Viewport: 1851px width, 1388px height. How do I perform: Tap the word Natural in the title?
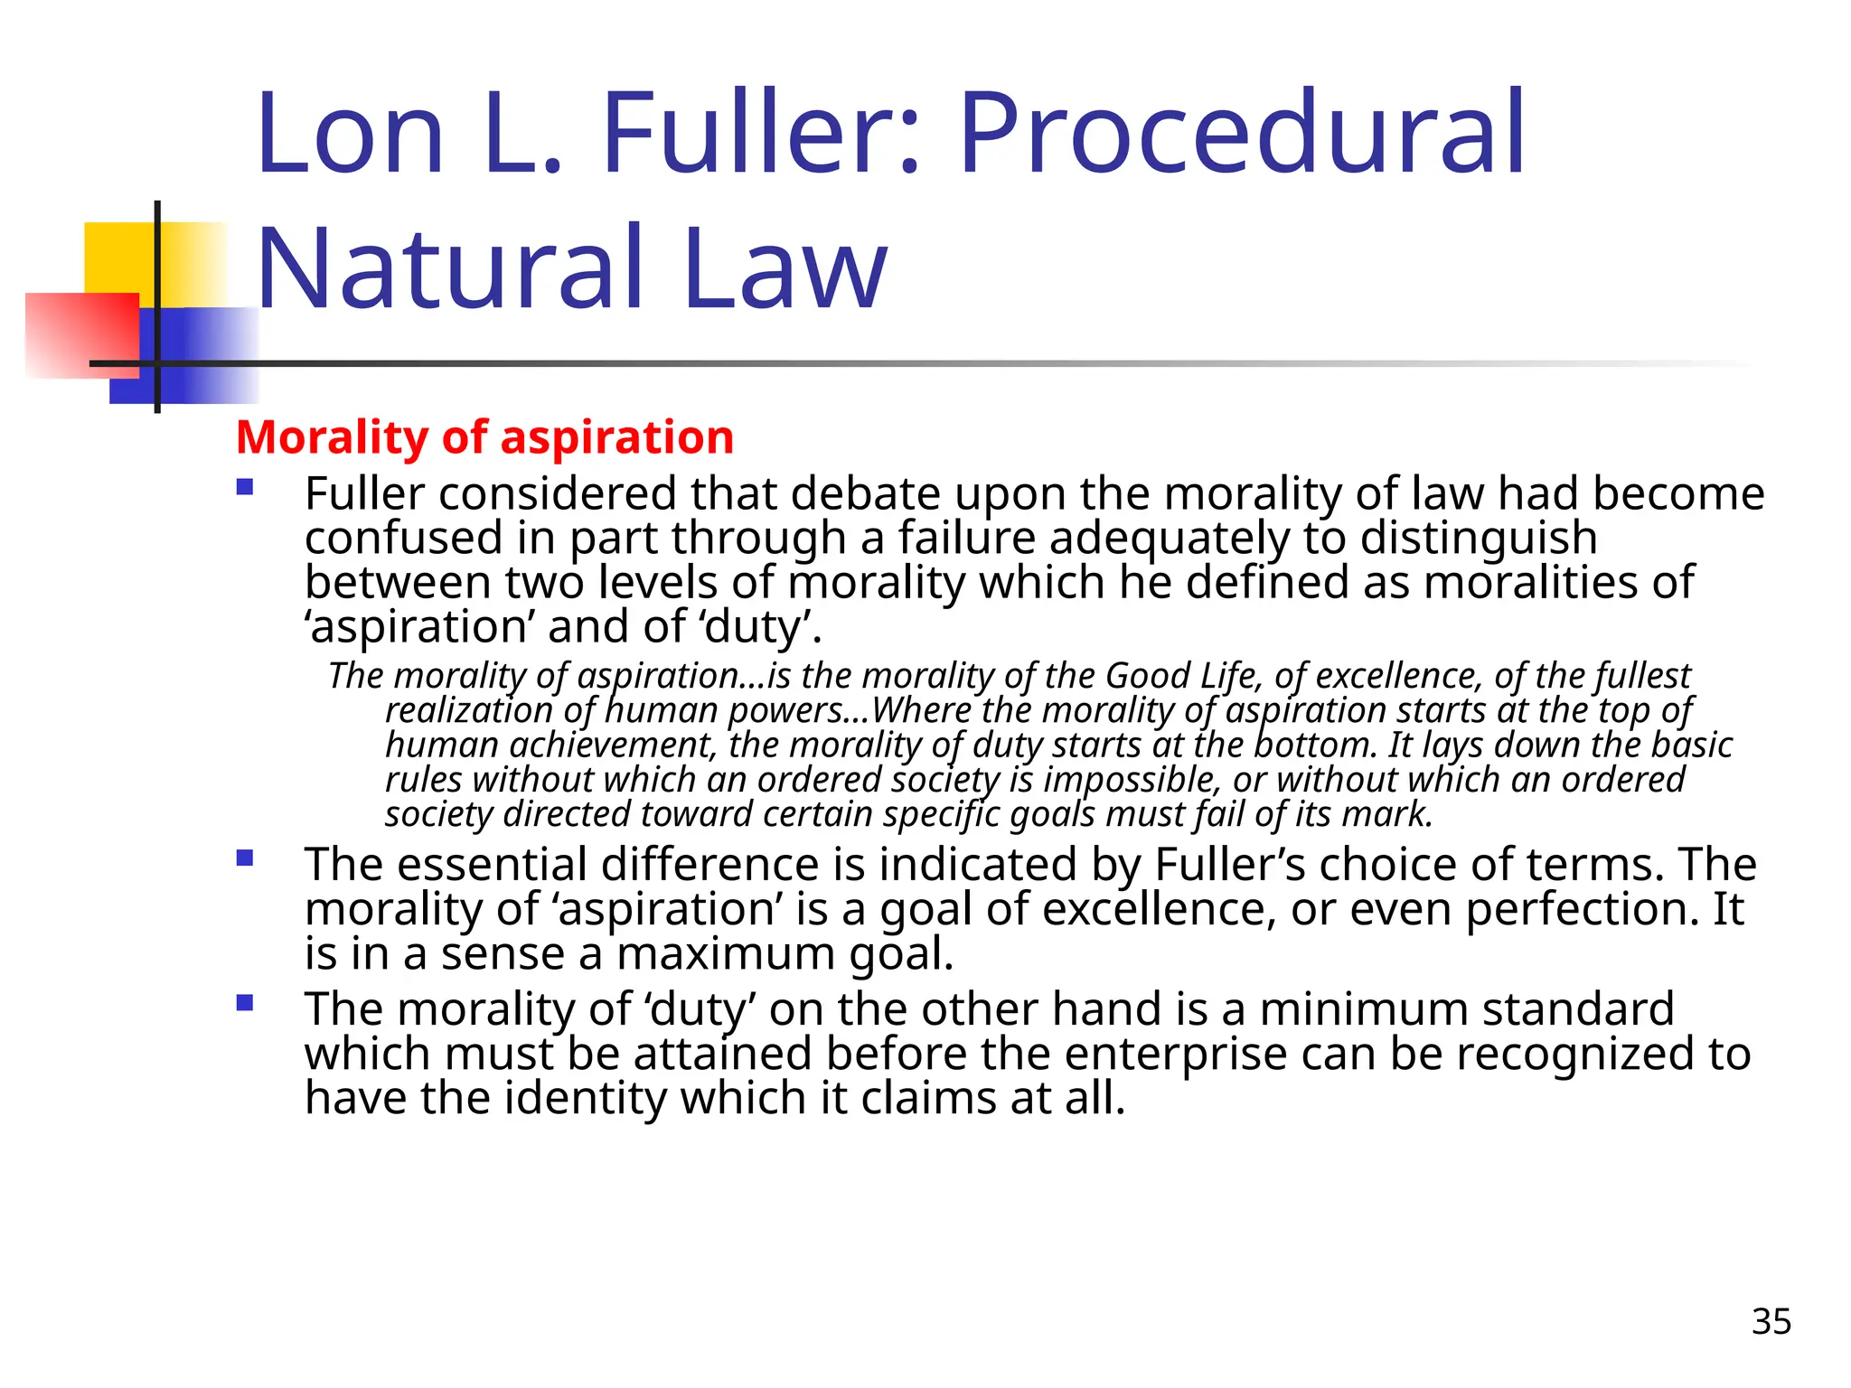(x=450, y=269)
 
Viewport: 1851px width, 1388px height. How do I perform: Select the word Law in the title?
(x=785, y=269)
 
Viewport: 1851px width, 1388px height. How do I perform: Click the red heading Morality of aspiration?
(x=484, y=437)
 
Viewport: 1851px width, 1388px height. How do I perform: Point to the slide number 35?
(x=1771, y=1321)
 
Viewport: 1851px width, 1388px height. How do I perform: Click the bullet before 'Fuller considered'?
(x=244, y=488)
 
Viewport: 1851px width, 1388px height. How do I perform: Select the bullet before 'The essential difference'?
(x=244, y=858)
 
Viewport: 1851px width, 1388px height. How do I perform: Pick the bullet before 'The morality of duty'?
(x=244, y=1003)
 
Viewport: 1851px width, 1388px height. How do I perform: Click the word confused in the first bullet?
(x=403, y=539)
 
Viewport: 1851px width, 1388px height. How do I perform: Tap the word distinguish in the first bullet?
(x=1478, y=539)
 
